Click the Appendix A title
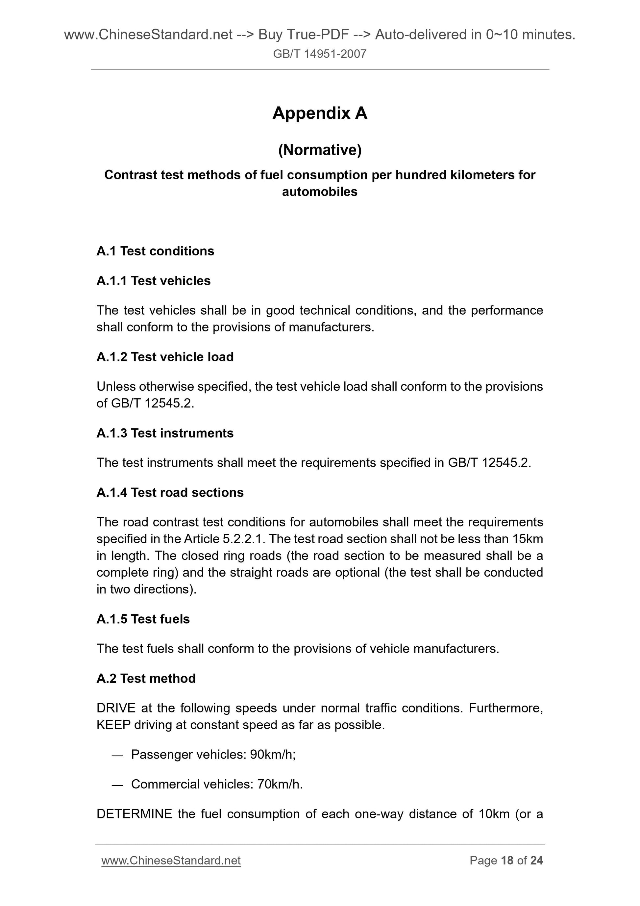pyautogui.click(x=319, y=114)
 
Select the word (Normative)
pyautogui.click(x=319, y=150)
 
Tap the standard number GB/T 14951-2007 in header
pyautogui.click(x=319, y=54)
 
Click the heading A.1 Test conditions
pyautogui.click(x=155, y=251)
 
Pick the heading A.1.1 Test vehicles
pyautogui.click(x=153, y=281)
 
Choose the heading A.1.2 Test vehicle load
pyautogui.click(x=165, y=357)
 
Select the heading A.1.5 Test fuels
pyautogui.click(x=143, y=619)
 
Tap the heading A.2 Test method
pyautogui.click(x=146, y=678)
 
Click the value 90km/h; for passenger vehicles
pyautogui.click(x=273, y=755)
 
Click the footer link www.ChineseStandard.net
pyautogui.click(x=171, y=860)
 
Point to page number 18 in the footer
pyautogui.click(x=507, y=860)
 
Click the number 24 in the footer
pyautogui.click(x=536, y=860)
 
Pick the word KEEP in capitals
pyautogui.click(x=113, y=725)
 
